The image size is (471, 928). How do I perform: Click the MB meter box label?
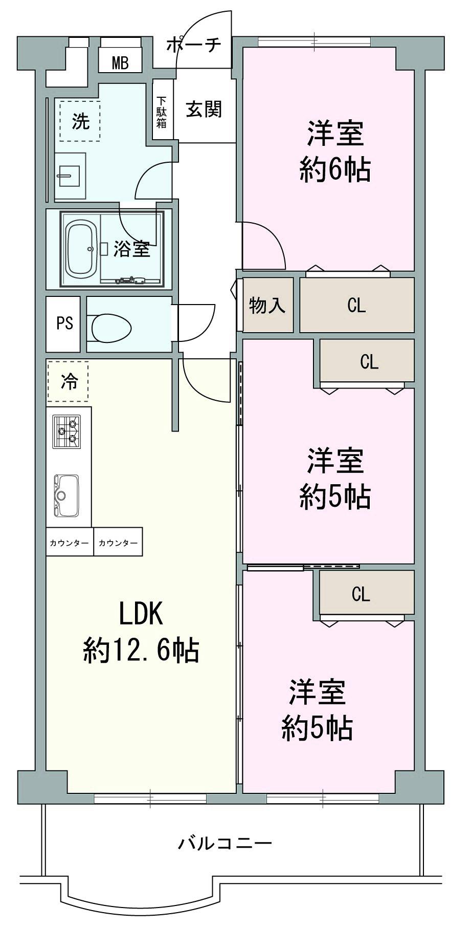click(x=120, y=63)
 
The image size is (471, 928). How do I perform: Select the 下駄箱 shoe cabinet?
click(x=162, y=112)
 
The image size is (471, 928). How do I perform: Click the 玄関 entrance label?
click(x=203, y=109)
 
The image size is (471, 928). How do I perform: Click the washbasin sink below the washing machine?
click(x=71, y=176)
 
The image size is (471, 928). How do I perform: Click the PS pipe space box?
click(x=64, y=324)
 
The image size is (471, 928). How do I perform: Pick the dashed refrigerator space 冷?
click(x=69, y=381)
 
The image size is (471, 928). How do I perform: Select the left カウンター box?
click(x=69, y=543)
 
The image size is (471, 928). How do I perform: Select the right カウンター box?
click(x=118, y=543)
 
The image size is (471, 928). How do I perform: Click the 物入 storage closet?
click(x=267, y=306)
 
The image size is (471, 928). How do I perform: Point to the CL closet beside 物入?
click(x=356, y=306)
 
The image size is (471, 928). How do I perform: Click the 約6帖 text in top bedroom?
click(x=334, y=169)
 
